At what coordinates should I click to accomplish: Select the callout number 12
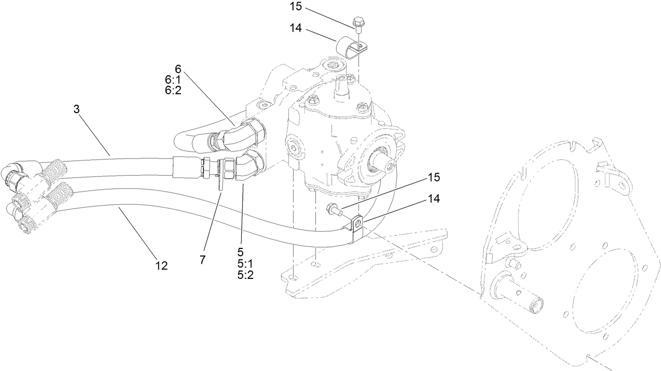[161, 266]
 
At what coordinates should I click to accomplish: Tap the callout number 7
[202, 259]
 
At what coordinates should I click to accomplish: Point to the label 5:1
[245, 264]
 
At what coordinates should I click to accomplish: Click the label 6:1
[173, 79]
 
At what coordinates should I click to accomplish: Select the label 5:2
[245, 275]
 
